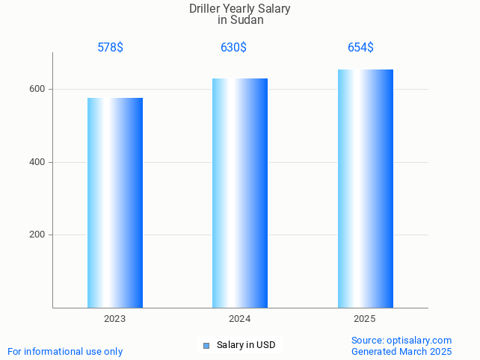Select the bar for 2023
[115, 202]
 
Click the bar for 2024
[240, 193]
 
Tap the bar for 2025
[365, 188]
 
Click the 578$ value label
[110, 48]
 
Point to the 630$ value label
[233, 48]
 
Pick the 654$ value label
[360, 48]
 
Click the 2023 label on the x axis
[115, 319]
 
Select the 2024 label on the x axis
[240, 319]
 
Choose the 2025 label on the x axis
[365, 319]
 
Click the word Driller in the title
[206, 9]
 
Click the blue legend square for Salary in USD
[206, 345]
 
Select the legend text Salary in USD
[246, 345]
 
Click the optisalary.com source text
[401, 340]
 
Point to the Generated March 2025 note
[401, 351]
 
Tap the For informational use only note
[65, 351]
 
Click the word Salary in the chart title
[274, 9]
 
